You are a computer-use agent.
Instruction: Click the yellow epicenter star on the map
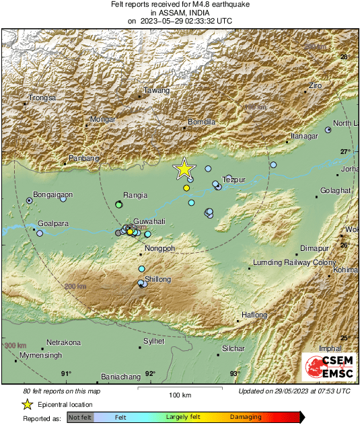pyautogui.click(x=184, y=169)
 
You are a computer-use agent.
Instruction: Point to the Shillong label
pyautogui.click(x=158, y=279)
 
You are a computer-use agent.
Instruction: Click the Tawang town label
pyautogui.click(x=157, y=91)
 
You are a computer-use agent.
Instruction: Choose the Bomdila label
pyautogui.click(x=201, y=122)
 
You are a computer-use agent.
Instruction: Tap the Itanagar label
pyautogui.click(x=303, y=136)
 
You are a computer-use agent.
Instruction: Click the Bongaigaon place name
pyautogui.click(x=53, y=194)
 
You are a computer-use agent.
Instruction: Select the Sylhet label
pyautogui.click(x=153, y=342)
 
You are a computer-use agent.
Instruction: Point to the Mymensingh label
pyautogui.click(x=40, y=354)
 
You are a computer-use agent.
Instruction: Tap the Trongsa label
pyautogui.click(x=42, y=98)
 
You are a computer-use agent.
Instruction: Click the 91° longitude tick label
pyautogui.click(x=66, y=373)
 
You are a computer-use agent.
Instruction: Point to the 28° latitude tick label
pyautogui.click(x=345, y=57)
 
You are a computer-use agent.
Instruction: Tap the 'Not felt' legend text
pyautogui.click(x=80, y=418)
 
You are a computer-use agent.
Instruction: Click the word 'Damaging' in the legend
pyautogui.click(x=246, y=418)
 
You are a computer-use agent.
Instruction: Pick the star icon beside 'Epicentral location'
pyautogui.click(x=27, y=404)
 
